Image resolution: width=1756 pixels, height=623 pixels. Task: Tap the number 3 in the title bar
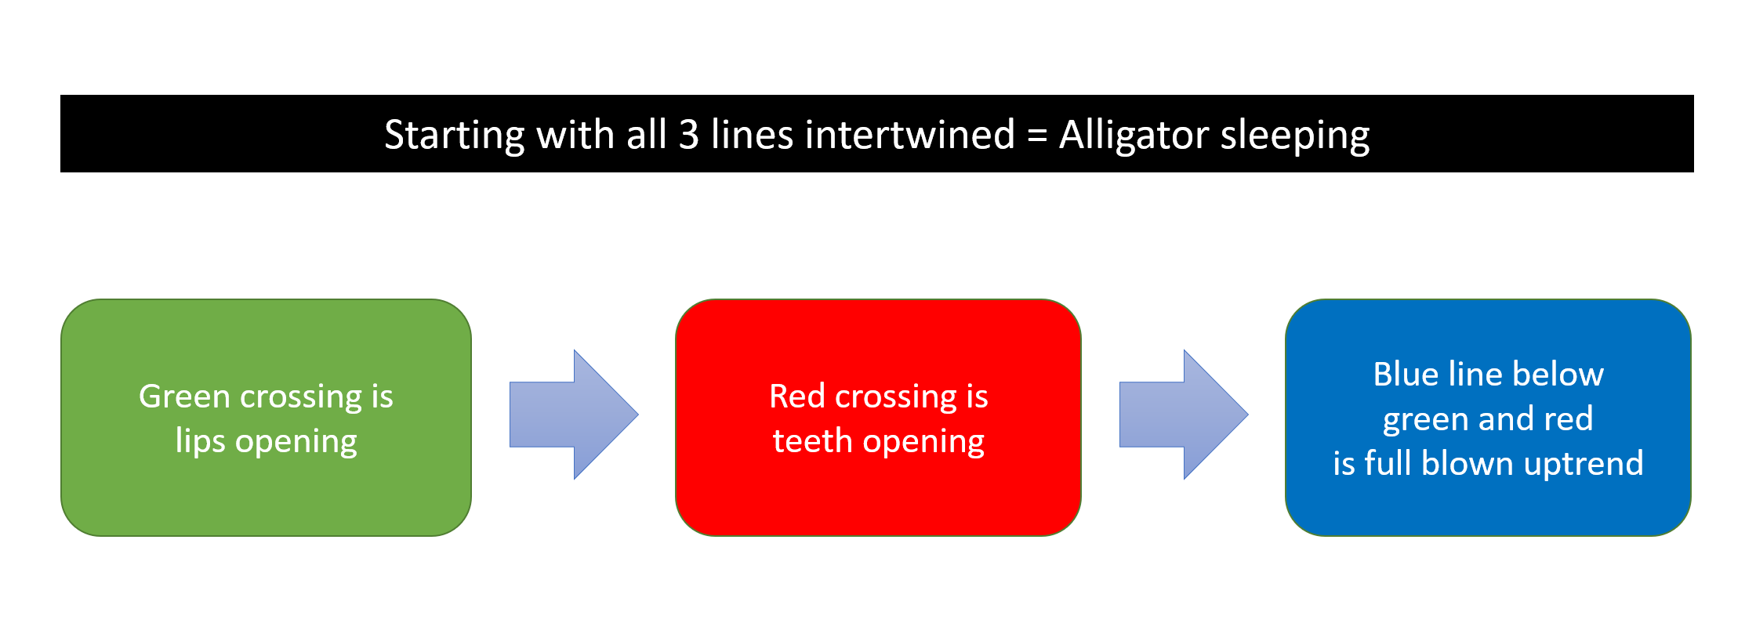pos(688,135)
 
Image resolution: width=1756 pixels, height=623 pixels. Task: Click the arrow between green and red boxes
pos(574,415)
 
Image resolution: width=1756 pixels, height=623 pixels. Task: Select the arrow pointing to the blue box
pos(1184,415)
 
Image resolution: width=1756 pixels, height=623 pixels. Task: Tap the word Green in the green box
pos(185,397)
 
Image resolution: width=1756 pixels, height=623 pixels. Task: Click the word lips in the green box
pos(201,441)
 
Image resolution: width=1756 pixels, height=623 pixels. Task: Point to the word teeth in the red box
pos(812,441)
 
